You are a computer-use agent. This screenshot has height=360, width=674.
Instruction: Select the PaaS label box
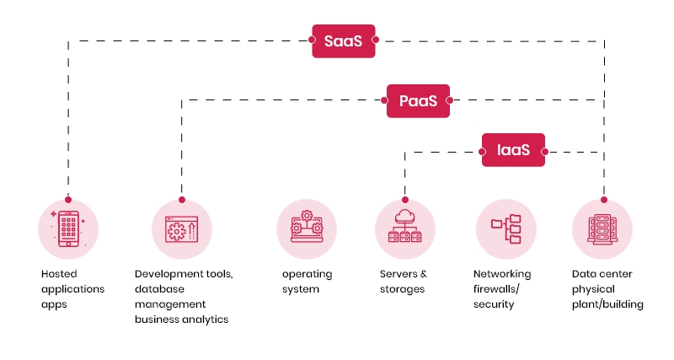[418, 100]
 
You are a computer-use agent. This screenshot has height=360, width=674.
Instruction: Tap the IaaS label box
[513, 151]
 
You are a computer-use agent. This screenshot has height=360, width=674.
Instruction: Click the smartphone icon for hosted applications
[68, 228]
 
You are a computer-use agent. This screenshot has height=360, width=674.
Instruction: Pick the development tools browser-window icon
[182, 228]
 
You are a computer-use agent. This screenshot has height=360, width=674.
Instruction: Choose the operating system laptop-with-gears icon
[306, 228]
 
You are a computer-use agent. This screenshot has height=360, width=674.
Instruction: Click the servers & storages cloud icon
[405, 228]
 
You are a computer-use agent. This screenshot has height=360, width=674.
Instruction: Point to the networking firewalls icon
[505, 228]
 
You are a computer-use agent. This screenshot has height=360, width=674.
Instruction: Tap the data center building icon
[602, 228]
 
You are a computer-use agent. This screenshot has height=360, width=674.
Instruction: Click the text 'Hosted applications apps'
[72, 289]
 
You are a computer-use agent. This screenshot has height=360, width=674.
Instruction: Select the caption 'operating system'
[307, 282]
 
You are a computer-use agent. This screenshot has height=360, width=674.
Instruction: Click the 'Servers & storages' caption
[404, 282]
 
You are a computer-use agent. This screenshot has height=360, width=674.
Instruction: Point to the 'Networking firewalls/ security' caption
[502, 289]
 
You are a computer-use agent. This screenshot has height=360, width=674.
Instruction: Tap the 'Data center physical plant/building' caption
[607, 289]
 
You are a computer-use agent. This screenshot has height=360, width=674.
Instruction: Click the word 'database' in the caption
[158, 289]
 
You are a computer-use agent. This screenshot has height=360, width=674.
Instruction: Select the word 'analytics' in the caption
[202, 320]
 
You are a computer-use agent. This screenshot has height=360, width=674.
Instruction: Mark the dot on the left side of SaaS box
[308, 40]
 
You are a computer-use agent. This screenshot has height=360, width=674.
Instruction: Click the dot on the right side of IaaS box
[546, 152]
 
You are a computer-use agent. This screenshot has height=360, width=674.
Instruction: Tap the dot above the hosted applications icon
[68, 200]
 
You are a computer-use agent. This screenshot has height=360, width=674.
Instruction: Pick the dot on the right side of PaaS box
[451, 100]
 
